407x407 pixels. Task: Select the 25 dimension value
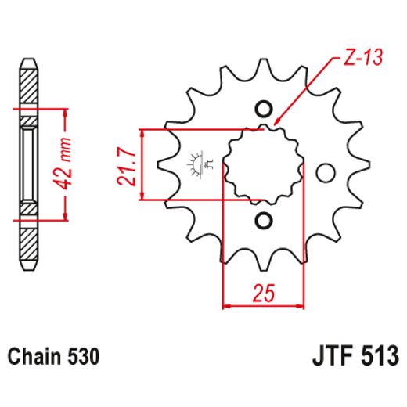pos(263,294)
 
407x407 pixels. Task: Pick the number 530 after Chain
pos(82,357)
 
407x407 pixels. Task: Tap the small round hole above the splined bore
pos(263,109)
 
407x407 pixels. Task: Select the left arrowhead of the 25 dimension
pos(228,304)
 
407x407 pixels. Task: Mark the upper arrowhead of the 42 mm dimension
pos(65,109)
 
